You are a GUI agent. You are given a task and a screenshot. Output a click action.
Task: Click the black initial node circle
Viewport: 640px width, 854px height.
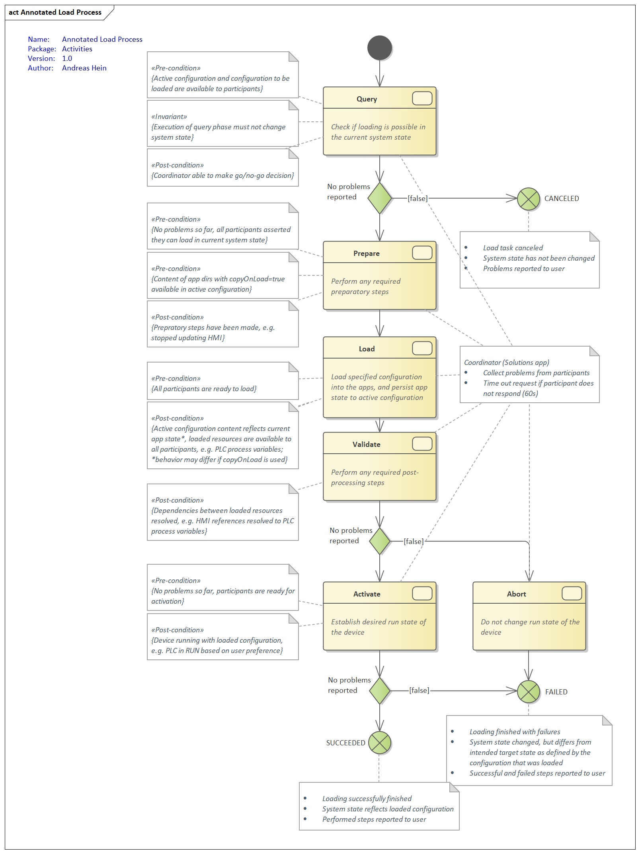pos(380,48)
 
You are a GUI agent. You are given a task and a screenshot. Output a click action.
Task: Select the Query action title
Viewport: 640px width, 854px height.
pos(367,99)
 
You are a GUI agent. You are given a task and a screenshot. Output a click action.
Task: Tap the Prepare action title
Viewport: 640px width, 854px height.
pos(366,253)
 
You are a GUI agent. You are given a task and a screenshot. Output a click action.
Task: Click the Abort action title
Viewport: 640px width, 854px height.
pos(516,594)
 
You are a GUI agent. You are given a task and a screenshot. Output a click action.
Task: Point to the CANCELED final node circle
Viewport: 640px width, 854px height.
pos(528,199)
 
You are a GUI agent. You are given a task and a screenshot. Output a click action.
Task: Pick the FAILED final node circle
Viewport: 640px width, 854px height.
pos(528,692)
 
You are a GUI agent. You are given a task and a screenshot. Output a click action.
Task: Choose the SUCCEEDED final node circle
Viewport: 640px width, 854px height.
pos(380,743)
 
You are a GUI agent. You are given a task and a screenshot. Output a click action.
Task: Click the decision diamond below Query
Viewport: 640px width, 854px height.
pos(380,198)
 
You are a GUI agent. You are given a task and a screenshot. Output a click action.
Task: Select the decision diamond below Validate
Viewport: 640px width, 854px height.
pos(380,541)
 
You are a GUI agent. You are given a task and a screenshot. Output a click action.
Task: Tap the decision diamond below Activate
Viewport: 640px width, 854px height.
pos(380,690)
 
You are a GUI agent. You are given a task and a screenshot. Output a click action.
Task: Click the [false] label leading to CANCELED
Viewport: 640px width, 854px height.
pos(418,198)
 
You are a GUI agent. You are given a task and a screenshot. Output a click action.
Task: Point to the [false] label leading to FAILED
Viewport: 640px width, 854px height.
pos(419,690)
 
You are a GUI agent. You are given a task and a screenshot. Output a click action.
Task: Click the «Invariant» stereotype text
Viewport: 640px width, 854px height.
pos(169,117)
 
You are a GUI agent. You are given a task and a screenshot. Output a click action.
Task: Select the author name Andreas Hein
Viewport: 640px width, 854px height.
pos(84,68)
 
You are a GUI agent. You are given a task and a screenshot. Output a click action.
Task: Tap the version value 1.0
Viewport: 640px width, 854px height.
pos(67,58)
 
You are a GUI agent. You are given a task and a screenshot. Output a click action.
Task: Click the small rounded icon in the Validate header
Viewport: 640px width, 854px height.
pos(422,444)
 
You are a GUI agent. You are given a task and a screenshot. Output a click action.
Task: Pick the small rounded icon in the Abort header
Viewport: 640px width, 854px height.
pos(572,593)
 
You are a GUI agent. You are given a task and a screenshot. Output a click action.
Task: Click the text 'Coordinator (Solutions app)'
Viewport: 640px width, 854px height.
pos(506,363)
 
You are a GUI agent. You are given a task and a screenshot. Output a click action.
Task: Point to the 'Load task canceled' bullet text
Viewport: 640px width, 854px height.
pos(513,248)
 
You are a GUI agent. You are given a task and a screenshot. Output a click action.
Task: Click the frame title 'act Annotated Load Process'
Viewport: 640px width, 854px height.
pos(55,12)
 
